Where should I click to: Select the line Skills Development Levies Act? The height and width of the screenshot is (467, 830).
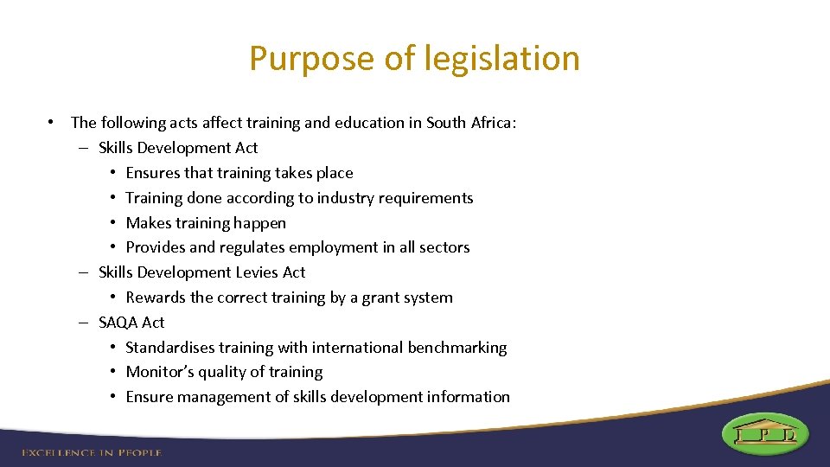pyautogui.click(x=201, y=272)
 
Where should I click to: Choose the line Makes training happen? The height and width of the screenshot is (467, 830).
pyautogui.click(x=206, y=223)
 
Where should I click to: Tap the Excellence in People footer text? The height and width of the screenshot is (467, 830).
pyautogui.click(x=91, y=452)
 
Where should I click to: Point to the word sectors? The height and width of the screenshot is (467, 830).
pyautogui.click(x=444, y=247)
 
